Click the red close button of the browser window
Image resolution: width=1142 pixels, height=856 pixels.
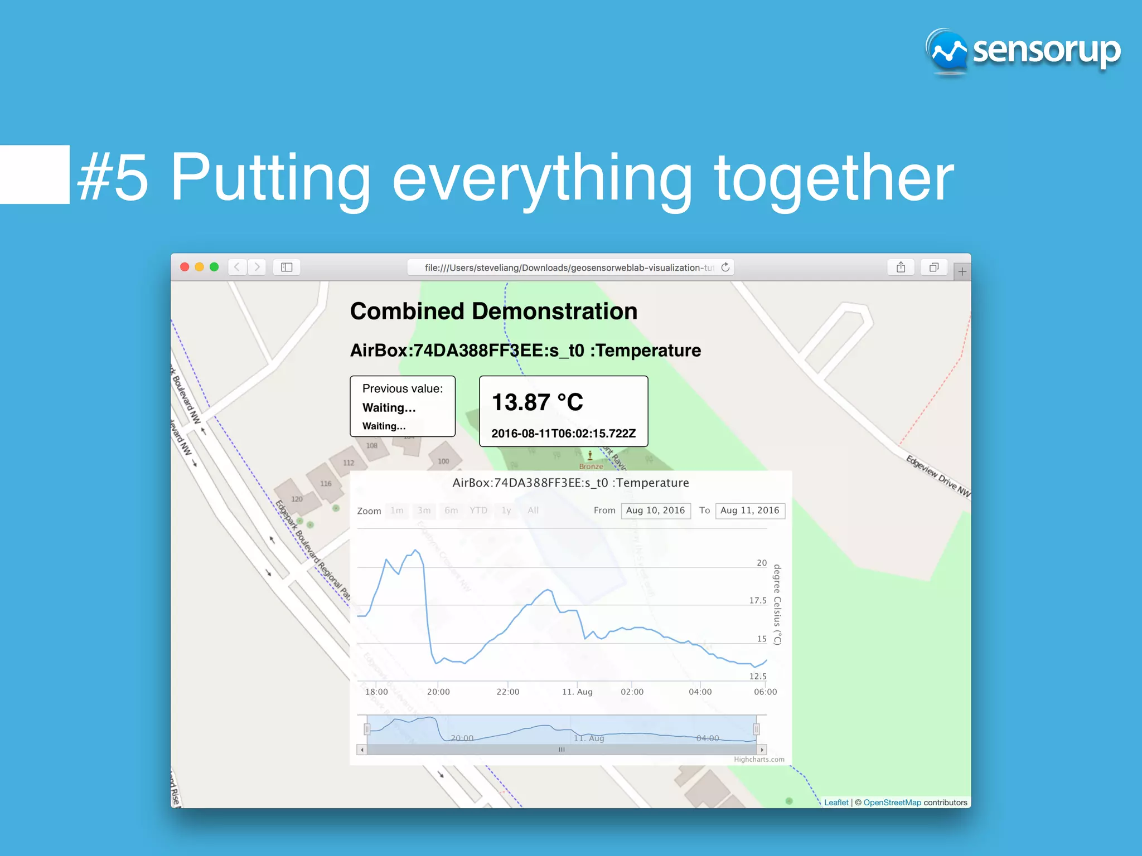[x=185, y=267]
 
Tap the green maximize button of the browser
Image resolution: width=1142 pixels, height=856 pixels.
[x=214, y=267]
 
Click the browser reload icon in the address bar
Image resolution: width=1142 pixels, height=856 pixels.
[x=725, y=267]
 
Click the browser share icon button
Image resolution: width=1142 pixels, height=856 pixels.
[x=901, y=267]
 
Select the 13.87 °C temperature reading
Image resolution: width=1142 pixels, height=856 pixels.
[x=538, y=402]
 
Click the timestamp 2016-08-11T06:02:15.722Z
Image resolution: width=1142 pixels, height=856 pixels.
[x=563, y=434]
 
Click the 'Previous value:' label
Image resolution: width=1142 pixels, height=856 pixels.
[x=403, y=388]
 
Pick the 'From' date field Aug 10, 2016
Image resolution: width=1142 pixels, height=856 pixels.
[x=655, y=510]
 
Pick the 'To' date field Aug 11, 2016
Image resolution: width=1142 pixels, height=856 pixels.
[x=749, y=510]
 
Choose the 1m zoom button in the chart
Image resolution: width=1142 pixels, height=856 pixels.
[x=397, y=510]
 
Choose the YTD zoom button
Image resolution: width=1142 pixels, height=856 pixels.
[x=478, y=510]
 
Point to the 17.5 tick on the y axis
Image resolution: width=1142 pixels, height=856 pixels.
[x=758, y=601]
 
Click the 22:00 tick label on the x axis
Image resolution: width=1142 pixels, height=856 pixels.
[x=507, y=692]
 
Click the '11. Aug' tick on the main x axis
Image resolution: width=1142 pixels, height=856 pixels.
[x=577, y=692]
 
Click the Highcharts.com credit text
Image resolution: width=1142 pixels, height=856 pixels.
[x=759, y=760]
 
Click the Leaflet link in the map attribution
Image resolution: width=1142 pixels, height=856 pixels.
[x=836, y=802]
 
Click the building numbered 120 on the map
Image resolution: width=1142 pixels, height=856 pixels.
[x=297, y=499]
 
